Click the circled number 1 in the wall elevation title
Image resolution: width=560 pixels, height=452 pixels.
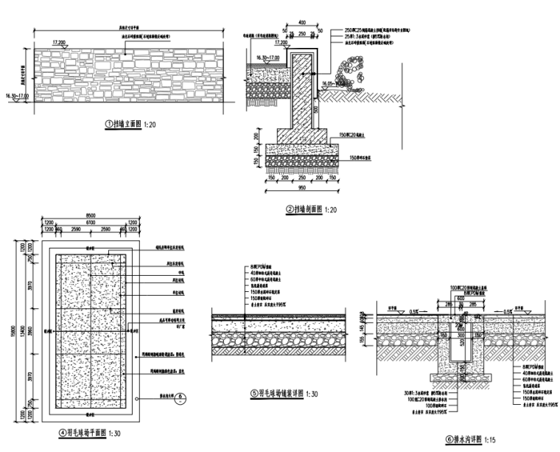[x=108, y=125]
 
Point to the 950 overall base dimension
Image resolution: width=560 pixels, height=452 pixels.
[x=301, y=187]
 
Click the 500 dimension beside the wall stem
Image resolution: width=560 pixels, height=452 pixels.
[x=315, y=109]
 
